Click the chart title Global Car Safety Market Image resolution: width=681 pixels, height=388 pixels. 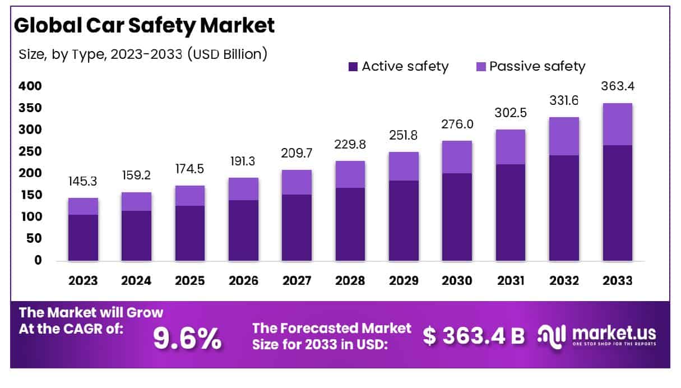tap(145, 25)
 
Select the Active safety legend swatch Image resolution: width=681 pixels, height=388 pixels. tap(353, 67)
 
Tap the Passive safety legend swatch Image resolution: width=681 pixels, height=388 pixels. tap(480, 67)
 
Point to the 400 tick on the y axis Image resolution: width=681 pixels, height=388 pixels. tap(31, 86)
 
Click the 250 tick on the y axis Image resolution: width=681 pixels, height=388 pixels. tap(31, 151)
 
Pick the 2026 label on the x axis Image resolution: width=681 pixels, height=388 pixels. tap(243, 281)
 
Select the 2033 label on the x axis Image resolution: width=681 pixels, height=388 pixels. tap(617, 281)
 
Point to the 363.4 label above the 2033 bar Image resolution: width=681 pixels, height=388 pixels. tap(617, 87)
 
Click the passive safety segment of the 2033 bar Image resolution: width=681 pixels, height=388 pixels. tap(617, 124)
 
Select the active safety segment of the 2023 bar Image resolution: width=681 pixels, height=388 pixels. tap(83, 238)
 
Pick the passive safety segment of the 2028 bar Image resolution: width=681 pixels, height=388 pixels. tap(350, 174)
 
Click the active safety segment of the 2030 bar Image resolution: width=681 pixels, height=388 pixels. tap(456, 217)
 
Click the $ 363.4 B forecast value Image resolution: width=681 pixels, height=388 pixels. tap(474, 335)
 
